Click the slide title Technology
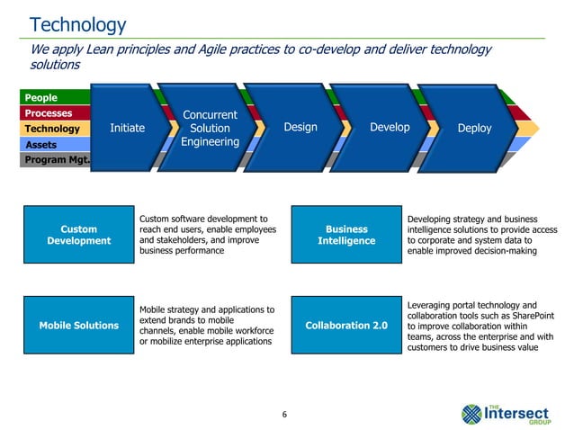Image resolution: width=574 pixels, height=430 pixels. [78, 24]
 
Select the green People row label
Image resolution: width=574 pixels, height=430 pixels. [41, 97]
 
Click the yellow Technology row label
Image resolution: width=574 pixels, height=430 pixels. [52, 129]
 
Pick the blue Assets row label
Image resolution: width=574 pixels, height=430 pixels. [41, 145]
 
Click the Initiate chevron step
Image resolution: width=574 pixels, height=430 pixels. [127, 129]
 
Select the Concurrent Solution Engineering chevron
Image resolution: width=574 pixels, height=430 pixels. [209, 129]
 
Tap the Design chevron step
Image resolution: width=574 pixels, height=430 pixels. [300, 128]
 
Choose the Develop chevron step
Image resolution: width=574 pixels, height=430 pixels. [390, 128]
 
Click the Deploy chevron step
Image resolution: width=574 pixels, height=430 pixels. [474, 129]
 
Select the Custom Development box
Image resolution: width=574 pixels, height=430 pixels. [78, 235]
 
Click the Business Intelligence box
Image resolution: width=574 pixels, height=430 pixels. [346, 235]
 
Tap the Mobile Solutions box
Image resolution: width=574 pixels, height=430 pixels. [78, 325]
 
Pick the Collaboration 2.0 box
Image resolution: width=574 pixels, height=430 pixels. [346, 325]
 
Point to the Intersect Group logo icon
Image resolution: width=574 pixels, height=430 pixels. [472, 413]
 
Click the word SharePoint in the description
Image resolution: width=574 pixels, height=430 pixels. [533, 315]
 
